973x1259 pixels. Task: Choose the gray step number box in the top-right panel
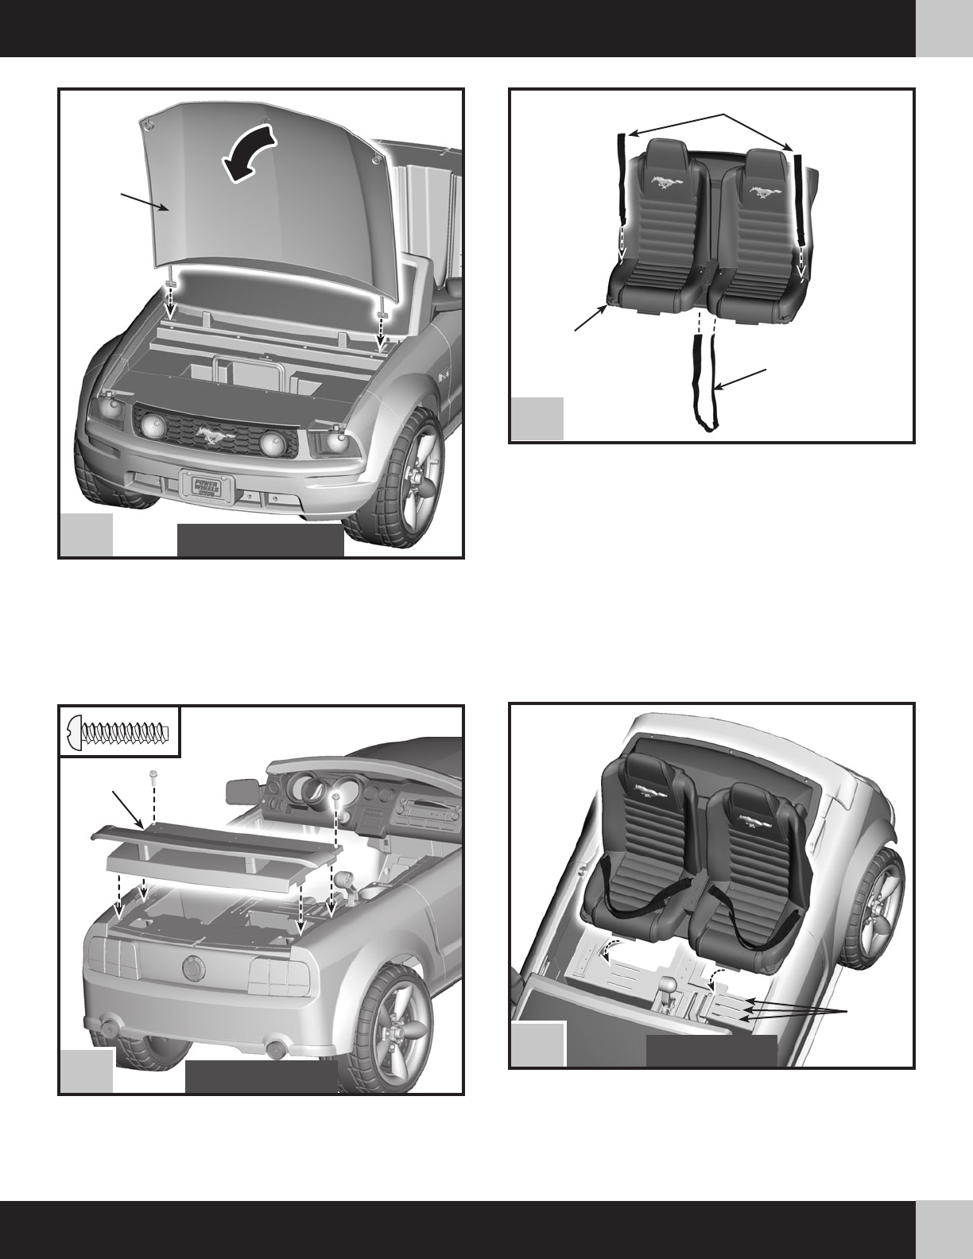click(x=537, y=418)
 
